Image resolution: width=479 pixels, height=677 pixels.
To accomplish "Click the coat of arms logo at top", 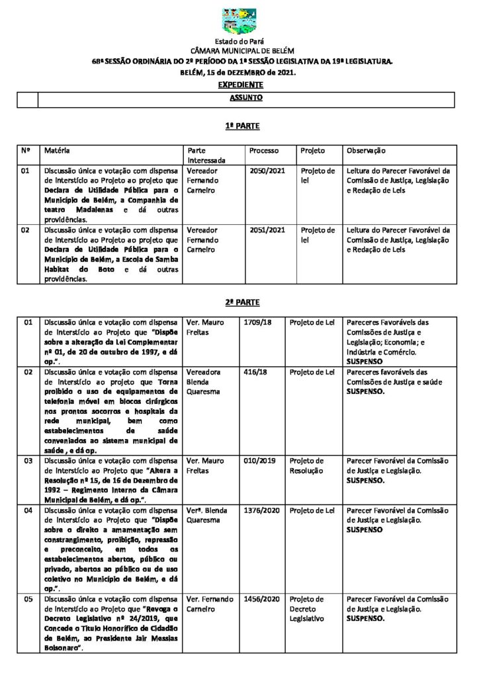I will (239, 22).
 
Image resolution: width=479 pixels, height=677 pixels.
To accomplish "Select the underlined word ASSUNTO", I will (246, 98).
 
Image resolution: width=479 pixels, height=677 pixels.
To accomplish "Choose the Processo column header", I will (264, 151).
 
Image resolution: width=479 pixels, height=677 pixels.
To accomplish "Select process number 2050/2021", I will (267, 171).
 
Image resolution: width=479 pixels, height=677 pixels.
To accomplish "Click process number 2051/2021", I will (267, 230).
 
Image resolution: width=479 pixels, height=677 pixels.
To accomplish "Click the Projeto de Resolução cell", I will (308, 465).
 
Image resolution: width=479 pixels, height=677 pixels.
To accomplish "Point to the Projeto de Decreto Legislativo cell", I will (308, 609).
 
